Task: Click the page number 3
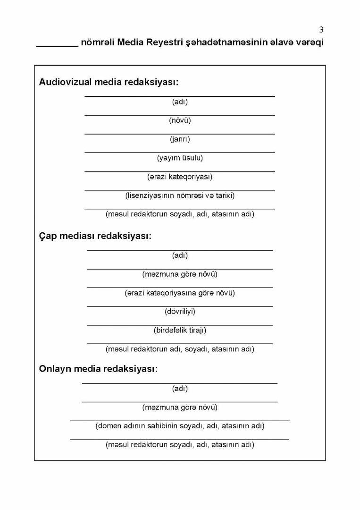click(321, 30)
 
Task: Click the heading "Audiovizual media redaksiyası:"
click(109, 82)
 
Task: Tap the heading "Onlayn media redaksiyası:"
click(98, 369)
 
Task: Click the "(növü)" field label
click(180, 120)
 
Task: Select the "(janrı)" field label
click(180, 139)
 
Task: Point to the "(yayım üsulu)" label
click(180, 158)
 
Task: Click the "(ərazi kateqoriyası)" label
click(180, 177)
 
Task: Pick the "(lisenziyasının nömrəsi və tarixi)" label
click(180, 195)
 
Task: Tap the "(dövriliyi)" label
click(180, 311)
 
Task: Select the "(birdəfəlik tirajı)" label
click(180, 330)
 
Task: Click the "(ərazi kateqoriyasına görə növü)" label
click(180, 293)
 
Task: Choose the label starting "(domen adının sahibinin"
click(180, 425)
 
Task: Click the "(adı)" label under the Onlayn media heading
click(180, 389)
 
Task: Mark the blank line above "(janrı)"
click(180, 134)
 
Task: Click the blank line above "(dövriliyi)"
click(180, 306)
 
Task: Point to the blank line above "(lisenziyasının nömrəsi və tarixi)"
click(180, 190)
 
